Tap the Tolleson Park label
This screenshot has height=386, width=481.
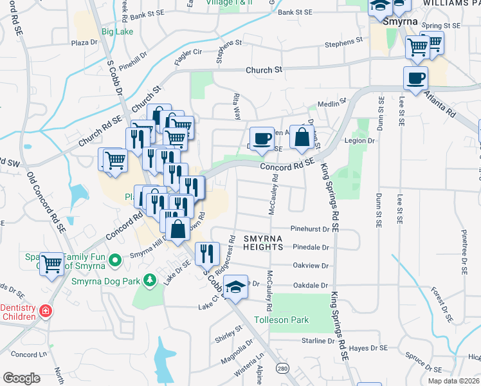(x=282, y=320)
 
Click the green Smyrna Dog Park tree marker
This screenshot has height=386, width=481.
(x=150, y=280)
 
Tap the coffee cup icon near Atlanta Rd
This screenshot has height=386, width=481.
(x=415, y=78)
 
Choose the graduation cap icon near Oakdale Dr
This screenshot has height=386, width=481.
(x=236, y=287)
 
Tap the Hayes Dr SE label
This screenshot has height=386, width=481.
(x=368, y=348)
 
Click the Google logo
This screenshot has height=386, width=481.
(x=21, y=378)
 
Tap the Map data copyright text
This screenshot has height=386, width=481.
(x=453, y=381)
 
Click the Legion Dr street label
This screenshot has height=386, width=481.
(x=360, y=140)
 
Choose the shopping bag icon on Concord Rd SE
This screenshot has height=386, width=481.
(x=301, y=136)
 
